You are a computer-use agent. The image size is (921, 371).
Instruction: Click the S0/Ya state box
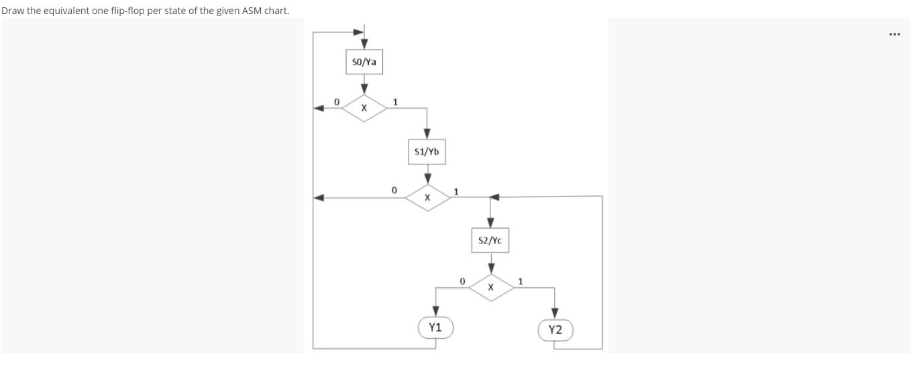[x=364, y=62]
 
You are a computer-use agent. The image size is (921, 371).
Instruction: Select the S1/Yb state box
[x=426, y=152]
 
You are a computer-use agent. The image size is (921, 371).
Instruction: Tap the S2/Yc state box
[x=491, y=240]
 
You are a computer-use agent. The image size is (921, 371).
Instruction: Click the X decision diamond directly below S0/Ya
[x=364, y=107]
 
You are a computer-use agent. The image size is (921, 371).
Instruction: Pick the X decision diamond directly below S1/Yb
[x=426, y=198]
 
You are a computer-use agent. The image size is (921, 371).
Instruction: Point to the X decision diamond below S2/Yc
[x=491, y=286]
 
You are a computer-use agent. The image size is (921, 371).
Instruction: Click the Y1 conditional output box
[x=435, y=328]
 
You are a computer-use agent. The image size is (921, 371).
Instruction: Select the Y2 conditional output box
[x=555, y=329]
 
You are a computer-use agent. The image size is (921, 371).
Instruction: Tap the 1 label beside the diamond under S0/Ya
[x=395, y=102]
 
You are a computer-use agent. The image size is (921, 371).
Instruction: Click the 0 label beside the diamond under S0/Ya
[x=337, y=101]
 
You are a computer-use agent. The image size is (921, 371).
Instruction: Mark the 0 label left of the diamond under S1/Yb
[x=394, y=191]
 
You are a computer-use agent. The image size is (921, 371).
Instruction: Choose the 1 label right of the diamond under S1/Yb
[x=456, y=192]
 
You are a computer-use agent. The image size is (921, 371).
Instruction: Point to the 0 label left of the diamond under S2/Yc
[x=462, y=280]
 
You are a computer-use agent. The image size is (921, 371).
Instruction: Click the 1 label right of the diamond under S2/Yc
[x=521, y=280]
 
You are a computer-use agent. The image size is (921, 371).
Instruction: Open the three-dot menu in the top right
[x=895, y=34]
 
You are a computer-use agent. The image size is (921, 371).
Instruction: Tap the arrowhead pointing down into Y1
[x=435, y=311]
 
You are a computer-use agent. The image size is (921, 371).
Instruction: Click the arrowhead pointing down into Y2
[x=555, y=313]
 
